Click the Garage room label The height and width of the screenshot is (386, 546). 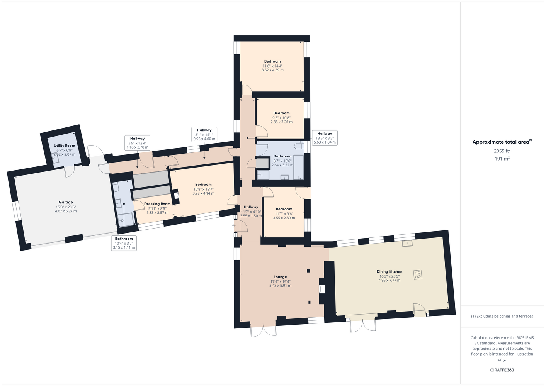pyautogui.click(x=66, y=202)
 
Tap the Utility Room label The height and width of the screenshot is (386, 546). pyautogui.click(x=65, y=146)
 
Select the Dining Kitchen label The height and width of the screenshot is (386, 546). pyautogui.click(x=389, y=271)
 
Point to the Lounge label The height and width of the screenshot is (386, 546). pyautogui.click(x=280, y=277)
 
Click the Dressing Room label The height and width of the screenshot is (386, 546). pyautogui.click(x=157, y=204)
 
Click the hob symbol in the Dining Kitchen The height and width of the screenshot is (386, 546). pyautogui.click(x=418, y=275)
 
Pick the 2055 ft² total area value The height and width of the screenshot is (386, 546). pyautogui.click(x=502, y=151)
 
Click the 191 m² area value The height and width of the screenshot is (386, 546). pyautogui.click(x=502, y=159)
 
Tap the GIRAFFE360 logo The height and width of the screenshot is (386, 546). pyautogui.click(x=502, y=370)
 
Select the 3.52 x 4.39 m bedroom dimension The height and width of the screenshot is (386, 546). pyautogui.click(x=272, y=70)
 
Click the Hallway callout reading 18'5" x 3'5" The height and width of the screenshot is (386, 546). pyautogui.click(x=325, y=138)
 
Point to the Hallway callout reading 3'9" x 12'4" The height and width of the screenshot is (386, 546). pyautogui.click(x=137, y=143)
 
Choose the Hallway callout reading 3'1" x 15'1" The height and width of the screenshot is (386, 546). pyautogui.click(x=204, y=134)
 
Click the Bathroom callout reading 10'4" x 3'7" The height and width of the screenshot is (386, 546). pyautogui.click(x=124, y=243)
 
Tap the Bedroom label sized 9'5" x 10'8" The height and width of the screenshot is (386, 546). pyautogui.click(x=282, y=113)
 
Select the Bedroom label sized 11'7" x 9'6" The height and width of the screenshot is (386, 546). pyautogui.click(x=284, y=209)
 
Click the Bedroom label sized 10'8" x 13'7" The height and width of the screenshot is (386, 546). pyautogui.click(x=203, y=185)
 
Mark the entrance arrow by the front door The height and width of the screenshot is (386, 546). pyautogui.click(x=234, y=226)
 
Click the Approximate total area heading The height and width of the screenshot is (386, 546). pyautogui.click(x=502, y=142)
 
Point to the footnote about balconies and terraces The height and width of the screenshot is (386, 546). pyautogui.click(x=502, y=316)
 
